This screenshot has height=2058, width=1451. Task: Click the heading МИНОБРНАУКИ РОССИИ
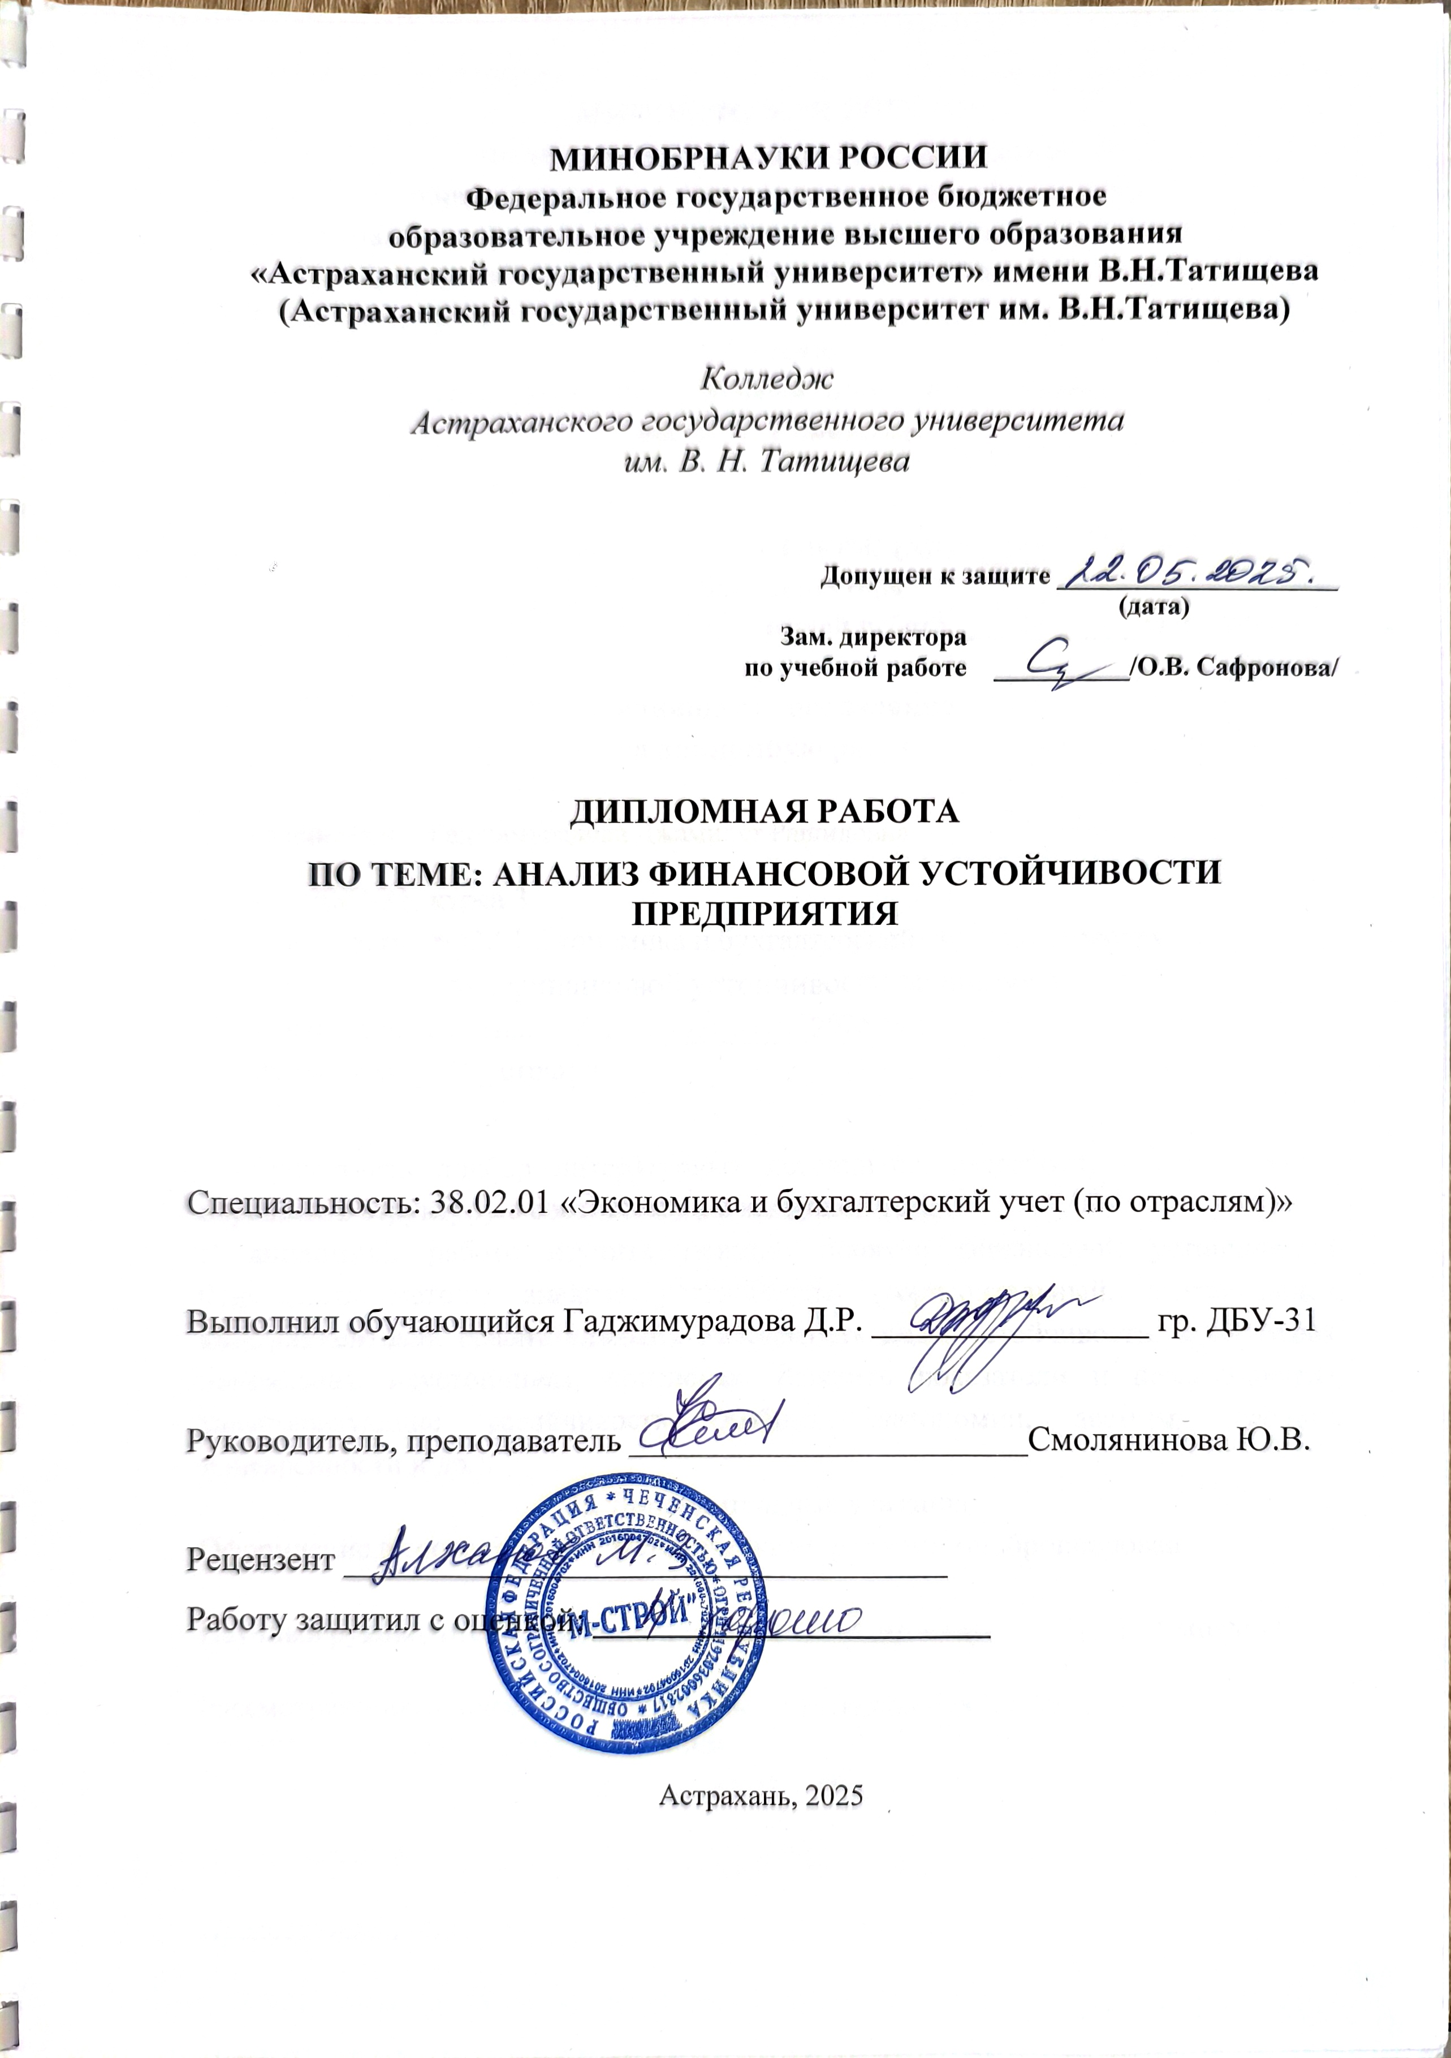[x=768, y=158]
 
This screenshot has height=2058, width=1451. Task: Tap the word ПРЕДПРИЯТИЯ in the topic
[x=765, y=914]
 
